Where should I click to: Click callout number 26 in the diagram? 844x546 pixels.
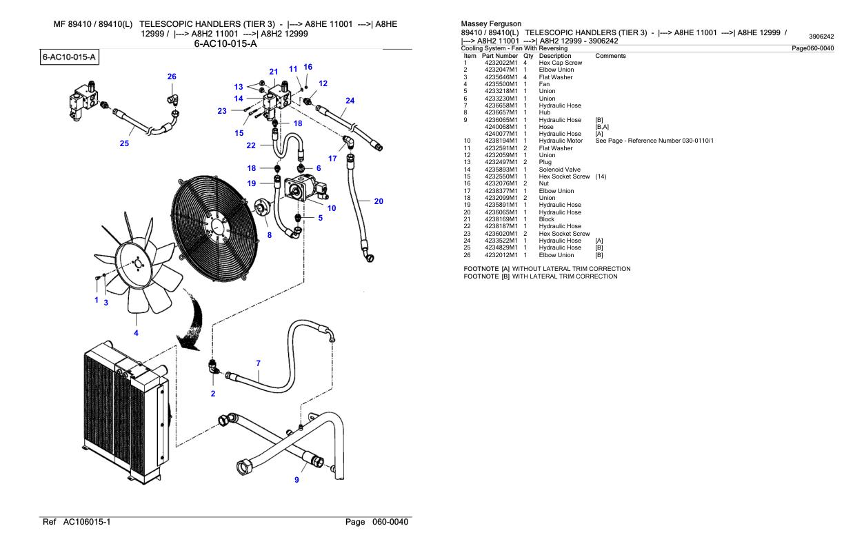click(172, 77)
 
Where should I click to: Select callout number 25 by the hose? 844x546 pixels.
click(124, 144)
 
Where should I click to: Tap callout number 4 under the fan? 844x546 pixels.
click(136, 333)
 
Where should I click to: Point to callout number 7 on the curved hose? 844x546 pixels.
click(258, 363)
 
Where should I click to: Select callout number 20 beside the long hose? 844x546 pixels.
click(379, 201)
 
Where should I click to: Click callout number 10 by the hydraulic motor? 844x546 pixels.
click(331, 208)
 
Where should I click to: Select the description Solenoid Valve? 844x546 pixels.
click(559, 169)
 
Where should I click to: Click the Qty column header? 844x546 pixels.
click(527, 56)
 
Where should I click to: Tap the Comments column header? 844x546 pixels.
click(610, 56)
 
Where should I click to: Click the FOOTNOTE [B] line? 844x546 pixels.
click(539, 276)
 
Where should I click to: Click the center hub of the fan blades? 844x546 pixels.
click(136, 263)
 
